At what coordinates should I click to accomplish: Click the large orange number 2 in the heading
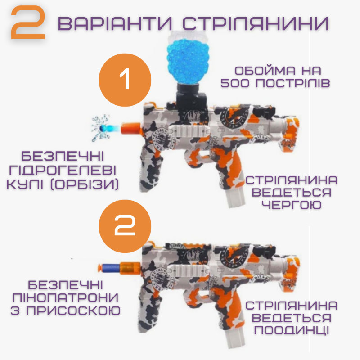[28, 23]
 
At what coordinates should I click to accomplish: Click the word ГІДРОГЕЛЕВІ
[66, 171]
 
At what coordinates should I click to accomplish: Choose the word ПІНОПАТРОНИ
[66, 297]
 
